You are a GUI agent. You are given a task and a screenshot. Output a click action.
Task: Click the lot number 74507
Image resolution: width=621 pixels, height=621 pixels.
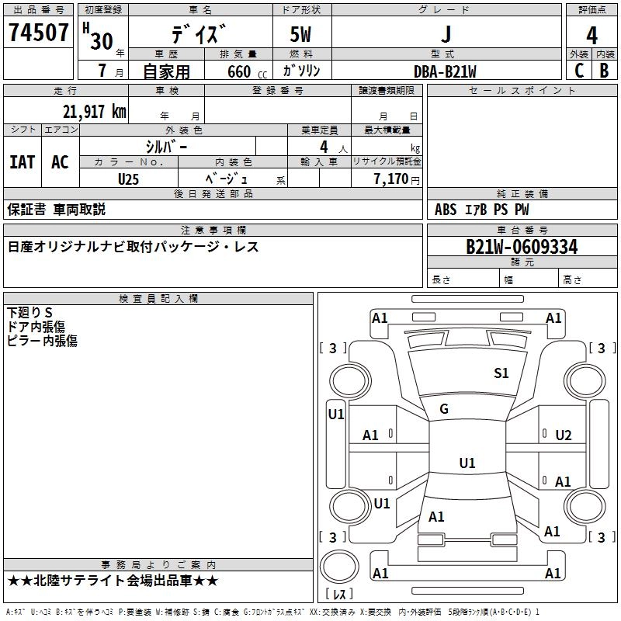(39, 33)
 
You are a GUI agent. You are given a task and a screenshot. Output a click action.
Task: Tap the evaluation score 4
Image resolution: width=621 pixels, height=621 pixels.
(592, 35)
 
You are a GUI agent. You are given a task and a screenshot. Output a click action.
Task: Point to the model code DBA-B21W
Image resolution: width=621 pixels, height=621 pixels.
(445, 71)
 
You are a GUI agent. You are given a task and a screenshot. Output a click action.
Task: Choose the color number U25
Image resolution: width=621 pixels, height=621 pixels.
(129, 179)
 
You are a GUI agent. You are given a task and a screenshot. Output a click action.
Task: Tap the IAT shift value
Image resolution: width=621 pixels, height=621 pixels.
(22, 161)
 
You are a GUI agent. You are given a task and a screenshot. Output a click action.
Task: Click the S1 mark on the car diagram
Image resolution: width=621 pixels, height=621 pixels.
(501, 373)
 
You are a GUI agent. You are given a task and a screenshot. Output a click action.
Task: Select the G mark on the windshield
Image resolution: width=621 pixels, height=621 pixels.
(444, 409)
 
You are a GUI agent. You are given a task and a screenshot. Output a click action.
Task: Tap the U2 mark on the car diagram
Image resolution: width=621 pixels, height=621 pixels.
(564, 435)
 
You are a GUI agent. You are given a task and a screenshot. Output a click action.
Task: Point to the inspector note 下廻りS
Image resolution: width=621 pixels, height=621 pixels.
(29, 313)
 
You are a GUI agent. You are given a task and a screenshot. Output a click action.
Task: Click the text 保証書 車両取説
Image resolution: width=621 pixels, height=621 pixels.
(56, 210)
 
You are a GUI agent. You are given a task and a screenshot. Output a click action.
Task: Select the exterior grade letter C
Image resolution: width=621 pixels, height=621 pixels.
(578, 71)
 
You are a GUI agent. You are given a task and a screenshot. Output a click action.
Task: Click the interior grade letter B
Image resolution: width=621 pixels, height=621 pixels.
(605, 71)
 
